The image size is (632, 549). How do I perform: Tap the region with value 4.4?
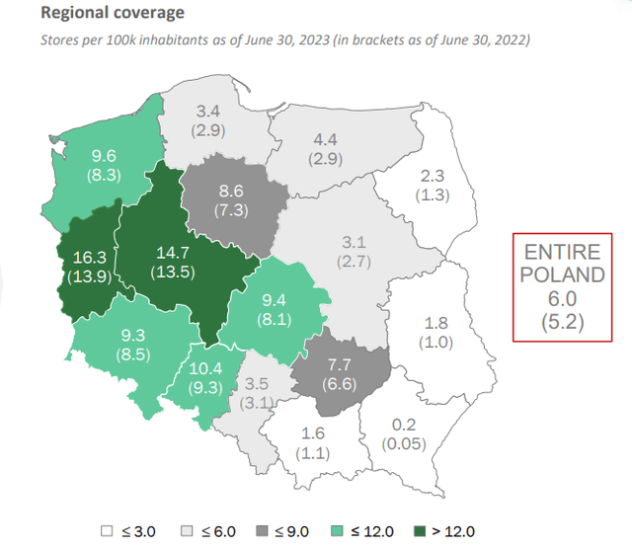point(326,148)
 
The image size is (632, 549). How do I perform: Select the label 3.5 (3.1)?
point(256,393)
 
